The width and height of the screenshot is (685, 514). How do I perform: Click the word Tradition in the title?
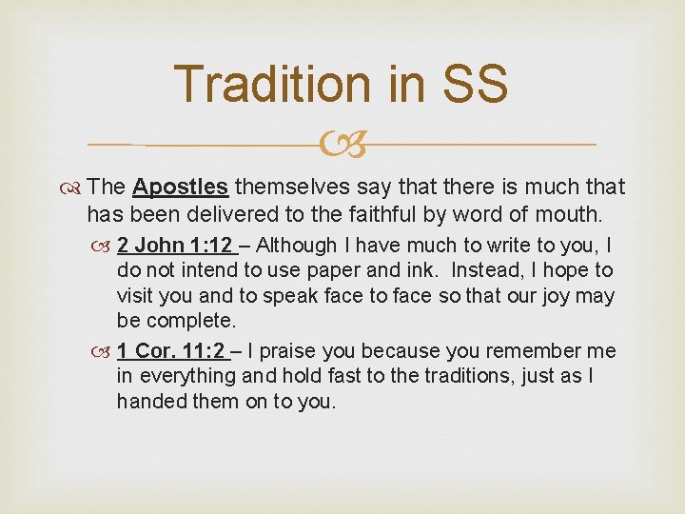coord(279,84)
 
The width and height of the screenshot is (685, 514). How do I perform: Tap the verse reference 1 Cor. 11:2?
coord(177,351)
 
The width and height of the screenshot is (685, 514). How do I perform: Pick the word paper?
coord(339,271)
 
